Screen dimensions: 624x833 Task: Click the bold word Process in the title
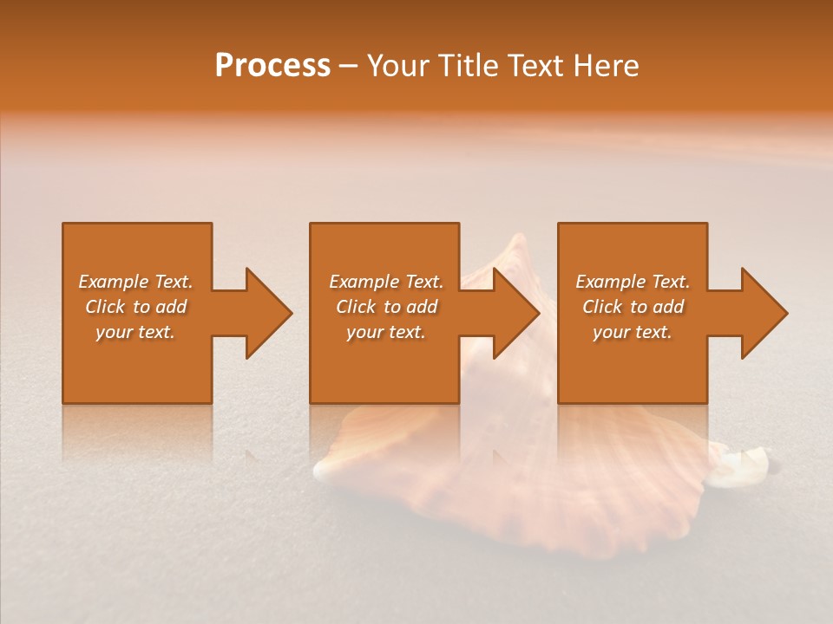point(272,66)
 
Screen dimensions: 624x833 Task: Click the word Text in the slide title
point(535,66)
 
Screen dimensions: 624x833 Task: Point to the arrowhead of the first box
point(266,313)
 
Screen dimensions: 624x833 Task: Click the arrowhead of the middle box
point(515,313)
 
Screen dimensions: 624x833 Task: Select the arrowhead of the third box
point(763,313)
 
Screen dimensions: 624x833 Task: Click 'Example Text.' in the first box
point(135,282)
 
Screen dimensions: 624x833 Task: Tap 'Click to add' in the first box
point(135,307)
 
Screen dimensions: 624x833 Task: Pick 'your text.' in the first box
point(135,332)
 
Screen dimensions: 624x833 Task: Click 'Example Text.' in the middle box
point(386,282)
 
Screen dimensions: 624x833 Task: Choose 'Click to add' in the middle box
point(386,307)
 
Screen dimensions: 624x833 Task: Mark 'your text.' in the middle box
point(386,332)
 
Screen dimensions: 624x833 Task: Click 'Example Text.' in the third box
point(633,282)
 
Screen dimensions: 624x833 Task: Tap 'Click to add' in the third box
point(633,307)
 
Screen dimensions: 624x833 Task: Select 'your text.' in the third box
point(633,332)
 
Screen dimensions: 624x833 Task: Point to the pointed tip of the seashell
point(518,238)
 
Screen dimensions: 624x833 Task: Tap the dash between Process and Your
point(348,67)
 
